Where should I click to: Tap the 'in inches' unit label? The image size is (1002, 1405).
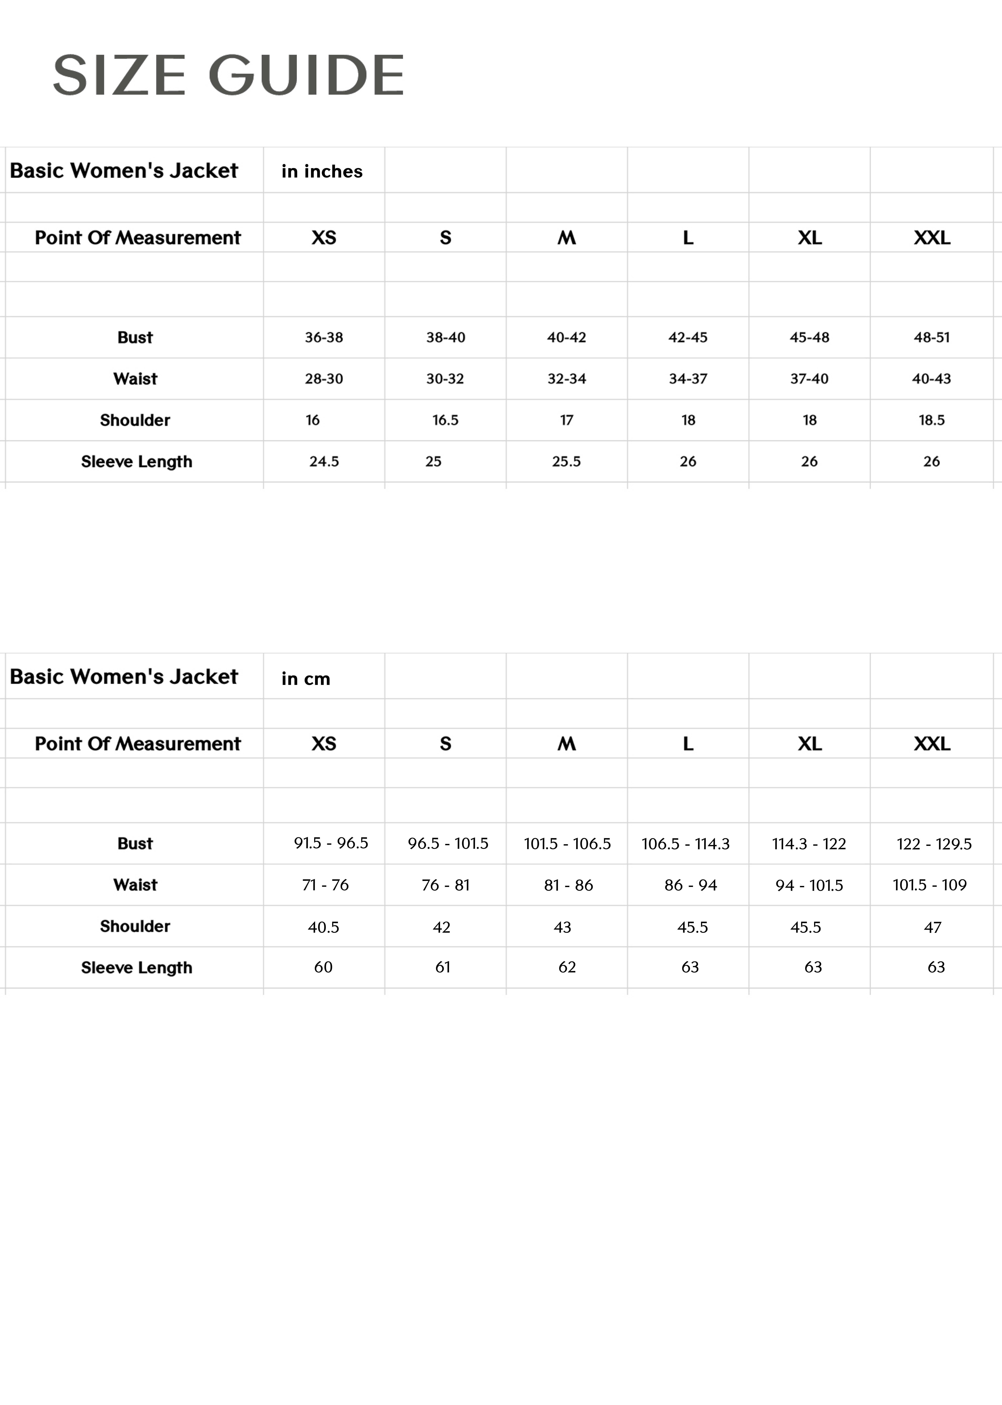pyautogui.click(x=321, y=172)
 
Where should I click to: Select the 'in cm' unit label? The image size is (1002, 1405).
pyautogui.click(x=305, y=679)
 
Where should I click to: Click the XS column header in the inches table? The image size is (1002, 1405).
pyautogui.click(x=323, y=238)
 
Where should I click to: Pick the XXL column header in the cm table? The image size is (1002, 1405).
pyautogui.click(x=932, y=743)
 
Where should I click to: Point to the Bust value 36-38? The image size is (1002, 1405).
pyautogui.click(x=323, y=337)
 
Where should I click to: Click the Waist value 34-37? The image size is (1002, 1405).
pyautogui.click(x=688, y=379)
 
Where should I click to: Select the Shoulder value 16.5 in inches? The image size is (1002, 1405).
pyautogui.click(x=445, y=420)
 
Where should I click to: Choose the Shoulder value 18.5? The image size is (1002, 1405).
pyautogui.click(x=931, y=420)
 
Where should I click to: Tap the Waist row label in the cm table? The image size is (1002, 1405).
pyautogui.click(x=135, y=885)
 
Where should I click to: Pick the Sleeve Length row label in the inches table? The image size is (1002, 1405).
pyautogui.click(x=136, y=462)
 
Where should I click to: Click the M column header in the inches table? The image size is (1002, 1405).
pyautogui.click(x=566, y=238)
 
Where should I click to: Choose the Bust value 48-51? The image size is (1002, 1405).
pyautogui.click(x=931, y=337)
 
